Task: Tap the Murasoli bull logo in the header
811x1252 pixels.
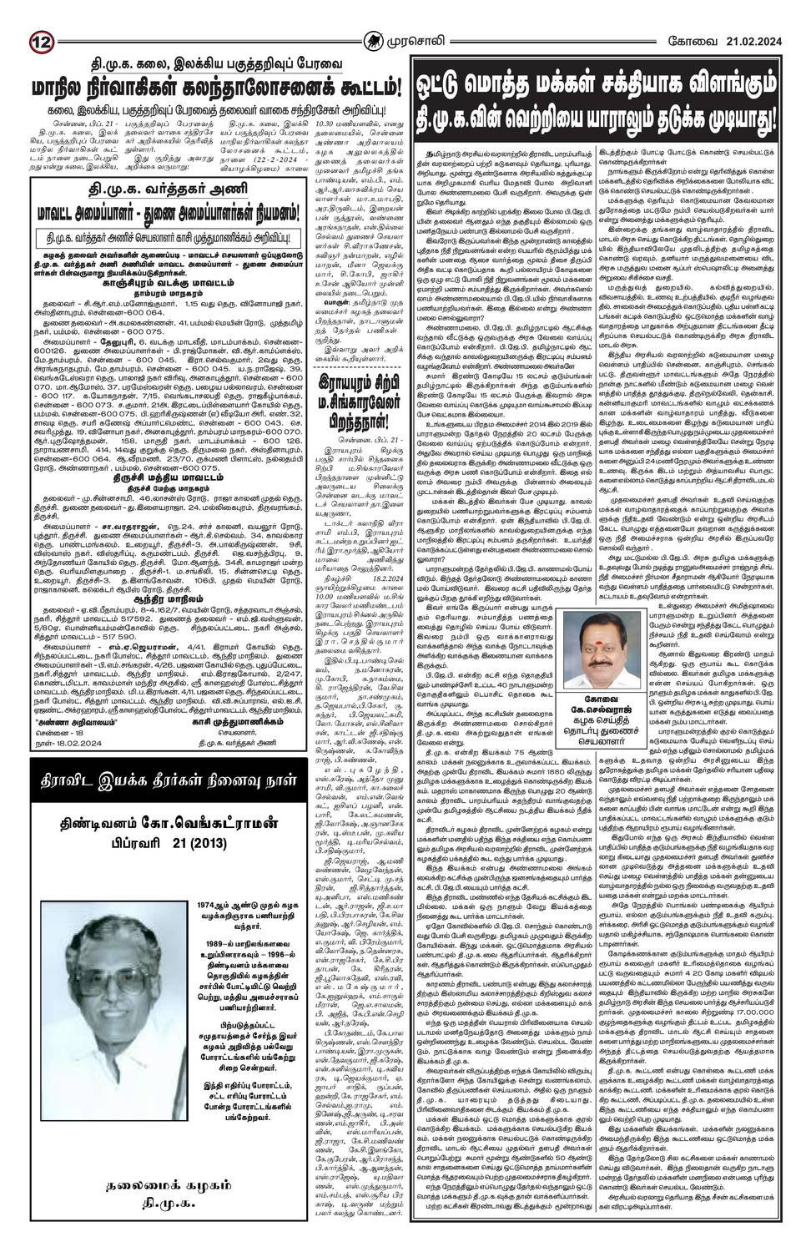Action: [x=407, y=18]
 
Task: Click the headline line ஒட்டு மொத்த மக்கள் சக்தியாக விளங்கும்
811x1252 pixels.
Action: [x=605, y=86]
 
